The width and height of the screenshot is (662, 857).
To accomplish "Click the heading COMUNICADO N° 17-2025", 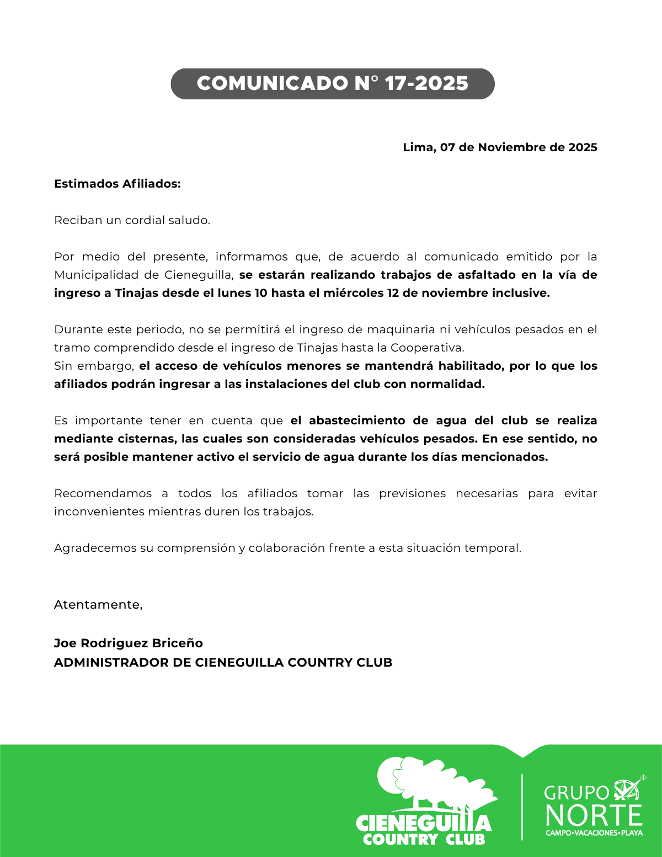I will [x=332, y=83].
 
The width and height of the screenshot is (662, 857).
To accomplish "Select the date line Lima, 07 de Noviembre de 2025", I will [x=500, y=147].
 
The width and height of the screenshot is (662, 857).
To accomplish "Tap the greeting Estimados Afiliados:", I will [x=117, y=184].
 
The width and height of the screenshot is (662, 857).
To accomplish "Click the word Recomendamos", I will [x=103, y=493].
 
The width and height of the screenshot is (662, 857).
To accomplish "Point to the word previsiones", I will [x=412, y=493].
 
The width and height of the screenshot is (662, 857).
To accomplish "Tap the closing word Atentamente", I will [x=98, y=605].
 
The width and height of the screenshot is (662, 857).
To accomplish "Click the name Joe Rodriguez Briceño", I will [x=128, y=643].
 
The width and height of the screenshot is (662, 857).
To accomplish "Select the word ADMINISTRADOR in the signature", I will [x=111, y=662].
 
